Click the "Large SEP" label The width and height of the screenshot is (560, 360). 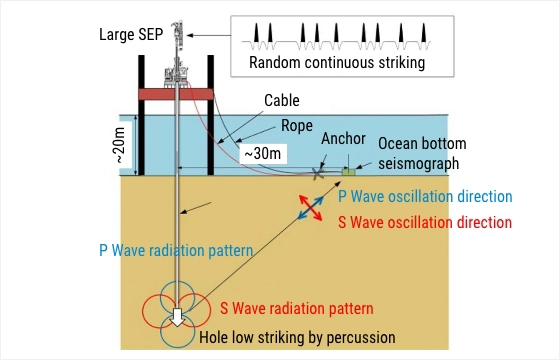pyautogui.click(x=131, y=35)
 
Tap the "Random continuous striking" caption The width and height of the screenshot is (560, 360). pyautogui.click(x=337, y=62)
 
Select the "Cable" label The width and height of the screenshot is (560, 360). pyautogui.click(x=282, y=100)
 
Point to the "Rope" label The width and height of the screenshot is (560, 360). pyautogui.click(x=297, y=125)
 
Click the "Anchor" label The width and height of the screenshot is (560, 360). pyautogui.click(x=343, y=139)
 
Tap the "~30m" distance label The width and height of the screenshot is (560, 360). pyautogui.click(x=263, y=154)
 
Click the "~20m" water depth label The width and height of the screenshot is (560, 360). pyautogui.click(x=120, y=145)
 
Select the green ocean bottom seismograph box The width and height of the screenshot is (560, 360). pyautogui.click(x=349, y=172)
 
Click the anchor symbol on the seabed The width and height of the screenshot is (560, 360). pyautogui.click(x=318, y=174)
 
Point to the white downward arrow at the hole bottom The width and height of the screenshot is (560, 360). pyautogui.click(x=177, y=317)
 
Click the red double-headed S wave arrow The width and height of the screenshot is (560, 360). pyautogui.click(x=311, y=208)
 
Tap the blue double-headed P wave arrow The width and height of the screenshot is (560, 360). pyautogui.click(x=311, y=208)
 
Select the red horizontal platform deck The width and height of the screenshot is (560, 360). pyautogui.click(x=176, y=94)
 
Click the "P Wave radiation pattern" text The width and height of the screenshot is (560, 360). pyautogui.click(x=176, y=250)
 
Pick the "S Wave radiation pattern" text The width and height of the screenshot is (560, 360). pyautogui.click(x=296, y=308)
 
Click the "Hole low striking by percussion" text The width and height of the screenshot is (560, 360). pyautogui.click(x=297, y=338)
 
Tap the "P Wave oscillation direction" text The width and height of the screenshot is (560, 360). pyautogui.click(x=425, y=197)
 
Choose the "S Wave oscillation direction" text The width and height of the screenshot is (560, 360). pyautogui.click(x=425, y=222)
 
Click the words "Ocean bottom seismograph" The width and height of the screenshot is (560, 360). pyautogui.click(x=422, y=153)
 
